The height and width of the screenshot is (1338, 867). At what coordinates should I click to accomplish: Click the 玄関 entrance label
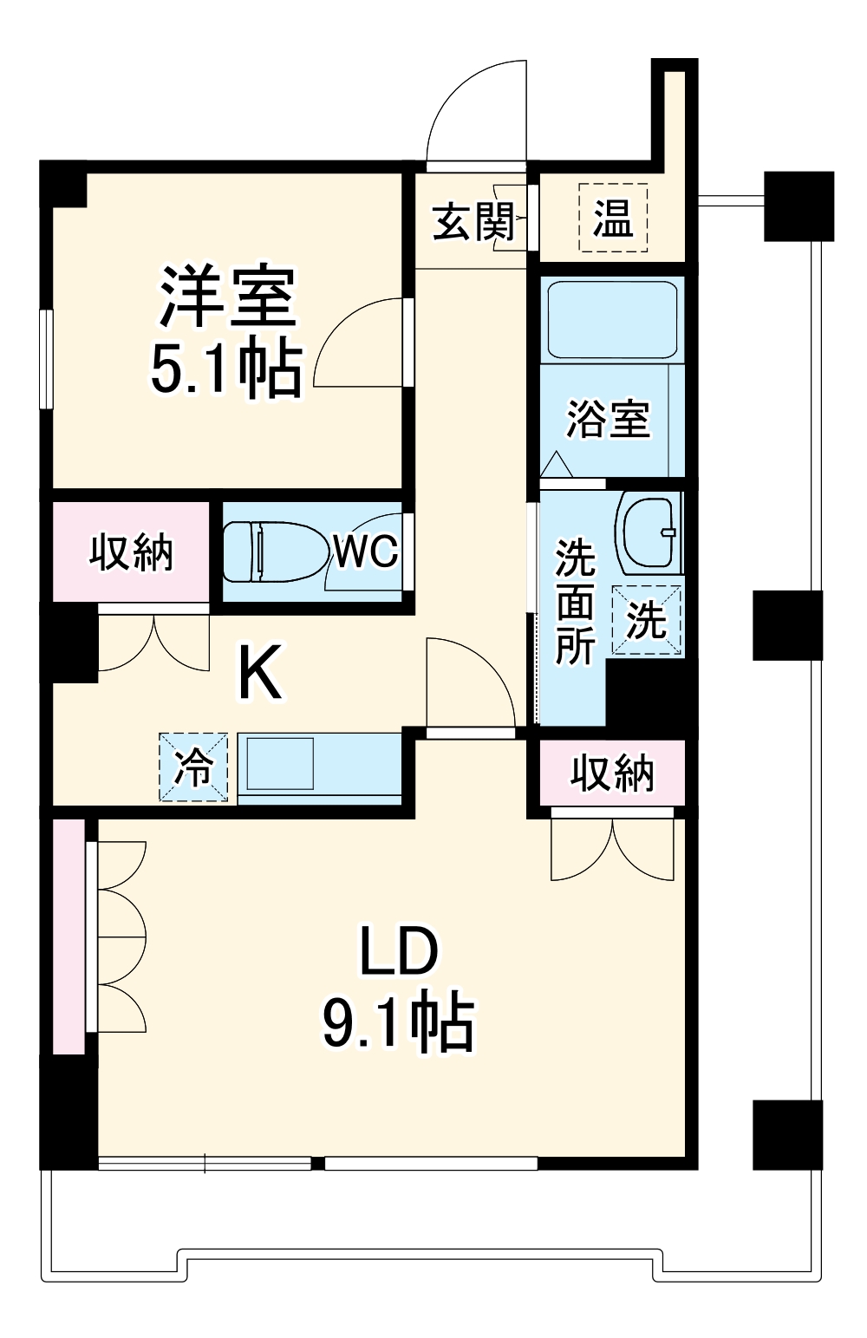(473, 223)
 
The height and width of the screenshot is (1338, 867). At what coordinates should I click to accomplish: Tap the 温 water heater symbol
(613, 218)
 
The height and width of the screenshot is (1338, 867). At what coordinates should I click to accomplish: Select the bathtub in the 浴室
(612, 318)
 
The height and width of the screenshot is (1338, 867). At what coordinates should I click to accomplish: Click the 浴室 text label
(608, 420)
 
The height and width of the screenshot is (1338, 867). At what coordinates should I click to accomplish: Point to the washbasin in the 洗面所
(649, 531)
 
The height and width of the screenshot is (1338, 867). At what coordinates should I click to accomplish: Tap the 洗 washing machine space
(647, 620)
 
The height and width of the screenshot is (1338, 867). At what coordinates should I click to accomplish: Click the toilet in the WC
(269, 551)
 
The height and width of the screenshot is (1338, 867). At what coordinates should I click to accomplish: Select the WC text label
(366, 551)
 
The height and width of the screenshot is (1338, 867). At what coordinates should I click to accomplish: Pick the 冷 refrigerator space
(193, 767)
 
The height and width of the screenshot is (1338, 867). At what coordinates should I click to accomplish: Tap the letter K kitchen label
(260, 674)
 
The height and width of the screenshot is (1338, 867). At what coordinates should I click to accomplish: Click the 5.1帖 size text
(227, 370)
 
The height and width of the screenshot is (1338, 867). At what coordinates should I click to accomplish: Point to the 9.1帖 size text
(398, 1023)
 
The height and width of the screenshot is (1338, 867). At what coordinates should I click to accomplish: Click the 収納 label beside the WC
(132, 552)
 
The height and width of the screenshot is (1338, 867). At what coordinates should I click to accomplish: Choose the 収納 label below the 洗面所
(612, 773)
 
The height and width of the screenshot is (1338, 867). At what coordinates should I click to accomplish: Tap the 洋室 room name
(227, 297)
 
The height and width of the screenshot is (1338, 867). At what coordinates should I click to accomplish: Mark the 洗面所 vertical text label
(575, 602)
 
